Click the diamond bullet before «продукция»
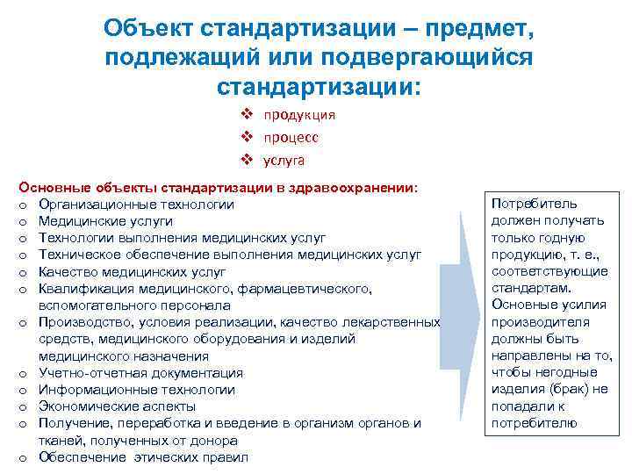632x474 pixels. coord(249,115)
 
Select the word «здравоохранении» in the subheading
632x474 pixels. coord(362,187)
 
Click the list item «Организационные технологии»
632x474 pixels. coord(136,205)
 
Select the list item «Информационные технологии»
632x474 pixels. coord(136,390)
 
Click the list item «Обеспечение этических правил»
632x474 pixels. coord(143,457)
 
